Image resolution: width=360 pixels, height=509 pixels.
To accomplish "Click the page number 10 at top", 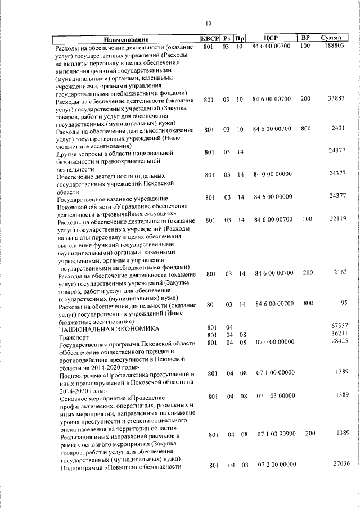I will point(209,24).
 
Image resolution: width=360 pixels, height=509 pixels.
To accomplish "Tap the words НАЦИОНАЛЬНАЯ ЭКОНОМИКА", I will point(109,328).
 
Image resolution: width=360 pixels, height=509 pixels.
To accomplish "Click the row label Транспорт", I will point(74,336).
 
